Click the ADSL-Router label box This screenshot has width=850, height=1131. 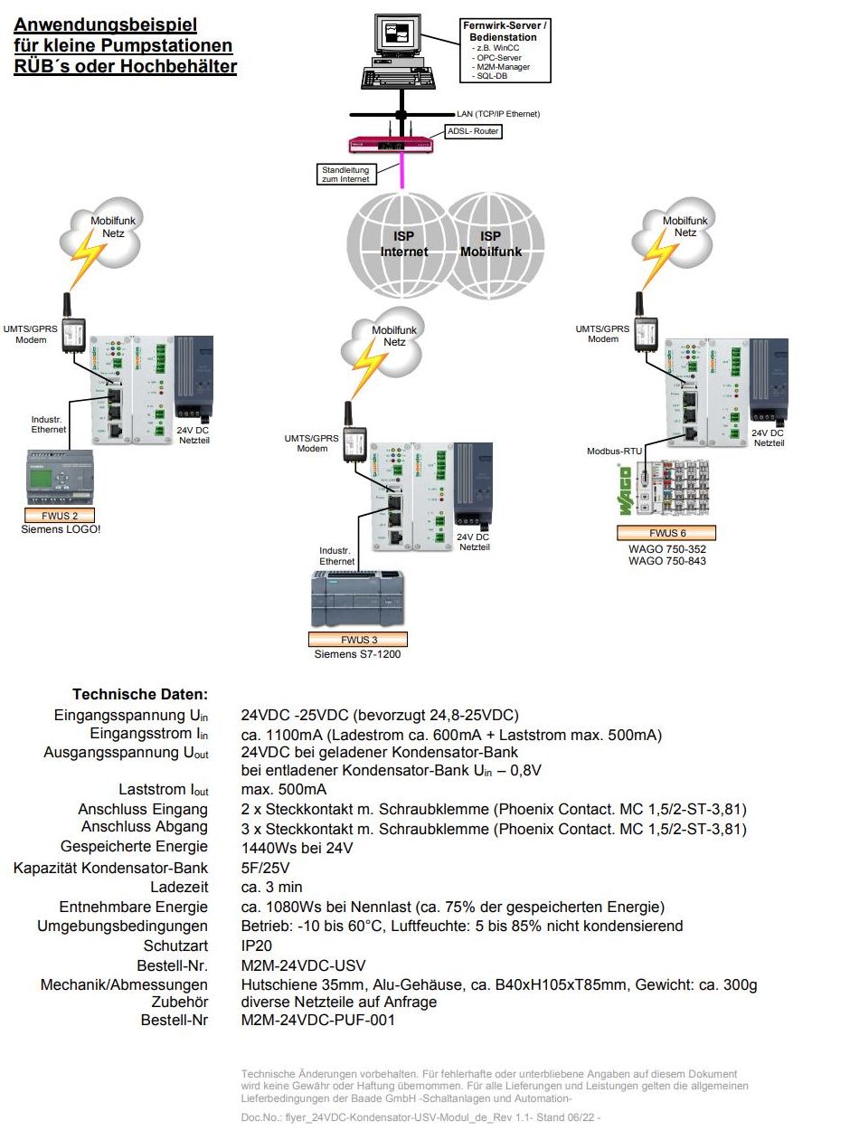coord(474,132)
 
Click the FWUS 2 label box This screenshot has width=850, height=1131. coord(60,515)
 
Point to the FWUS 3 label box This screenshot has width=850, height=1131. coord(358,639)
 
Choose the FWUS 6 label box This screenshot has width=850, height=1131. coord(668,533)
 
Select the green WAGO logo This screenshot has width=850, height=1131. coord(624,493)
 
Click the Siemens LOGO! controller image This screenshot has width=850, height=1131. coord(60,478)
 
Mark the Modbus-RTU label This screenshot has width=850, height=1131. coord(614,451)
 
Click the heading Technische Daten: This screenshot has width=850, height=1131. coord(140,695)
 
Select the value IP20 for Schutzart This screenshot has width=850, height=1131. coord(257,946)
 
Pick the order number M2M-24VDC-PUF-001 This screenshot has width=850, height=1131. coord(317,1021)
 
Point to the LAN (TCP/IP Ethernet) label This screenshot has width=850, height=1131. coord(498,114)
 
